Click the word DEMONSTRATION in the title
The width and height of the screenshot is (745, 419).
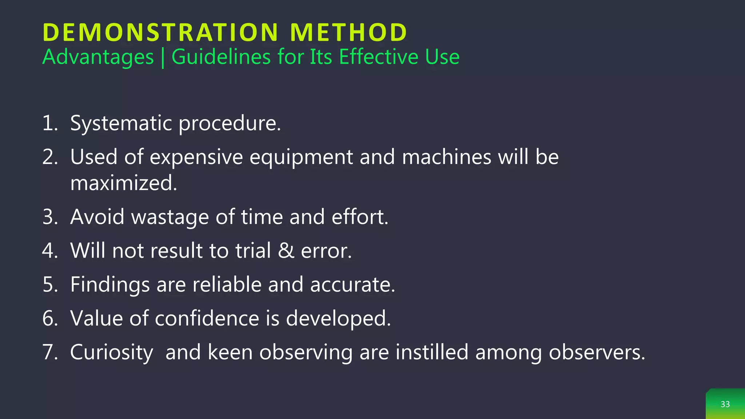click(x=160, y=33)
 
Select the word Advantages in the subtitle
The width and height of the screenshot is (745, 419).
click(x=98, y=57)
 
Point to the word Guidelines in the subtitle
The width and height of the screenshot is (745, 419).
click(x=221, y=57)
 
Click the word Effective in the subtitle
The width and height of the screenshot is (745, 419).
click(x=379, y=57)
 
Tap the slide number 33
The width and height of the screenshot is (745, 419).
click(x=725, y=404)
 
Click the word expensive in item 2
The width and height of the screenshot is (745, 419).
click(x=196, y=157)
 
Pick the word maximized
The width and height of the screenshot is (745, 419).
click(x=123, y=183)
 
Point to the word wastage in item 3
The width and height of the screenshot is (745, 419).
click(x=170, y=217)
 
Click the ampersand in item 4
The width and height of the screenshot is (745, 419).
click(x=286, y=251)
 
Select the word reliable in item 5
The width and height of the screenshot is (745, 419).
click(x=227, y=284)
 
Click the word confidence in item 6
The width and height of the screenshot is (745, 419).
click(x=207, y=318)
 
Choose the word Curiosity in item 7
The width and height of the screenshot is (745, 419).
click(x=111, y=352)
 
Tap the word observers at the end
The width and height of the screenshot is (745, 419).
click(x=596, y=352)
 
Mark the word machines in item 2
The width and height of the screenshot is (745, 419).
click(x=447, y=157)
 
